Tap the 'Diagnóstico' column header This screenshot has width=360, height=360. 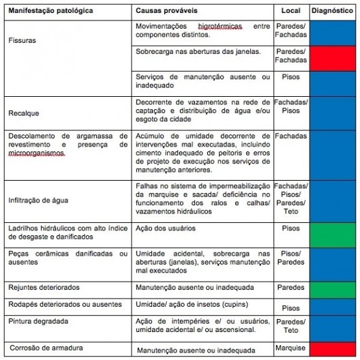(333, 12)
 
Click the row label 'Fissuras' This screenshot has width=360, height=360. (22, 40)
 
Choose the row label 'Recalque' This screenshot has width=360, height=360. (24, 110)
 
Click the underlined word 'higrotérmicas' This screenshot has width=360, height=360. (210, 26)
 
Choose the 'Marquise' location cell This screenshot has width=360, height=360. (290, 348)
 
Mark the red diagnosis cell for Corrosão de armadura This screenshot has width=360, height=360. (333, 348)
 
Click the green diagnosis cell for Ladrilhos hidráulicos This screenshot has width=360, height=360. (333, 233)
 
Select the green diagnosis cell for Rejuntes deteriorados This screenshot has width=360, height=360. (333, 287)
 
